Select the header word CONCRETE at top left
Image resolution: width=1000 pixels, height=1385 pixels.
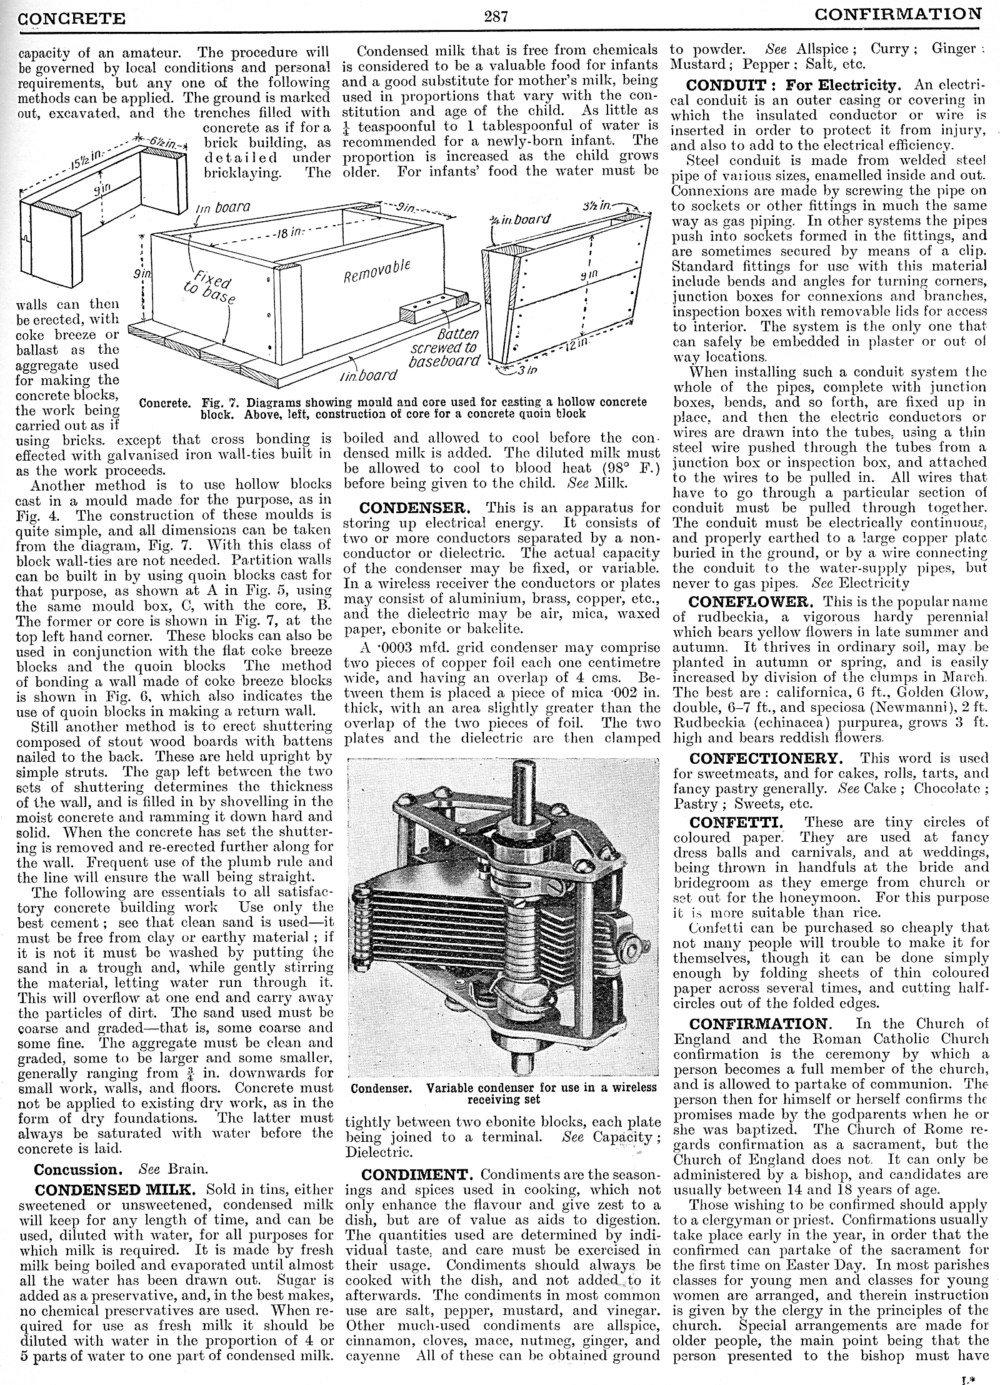(x=72, y=19)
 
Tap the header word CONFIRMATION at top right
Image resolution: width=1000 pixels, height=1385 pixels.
(x=898, y=14)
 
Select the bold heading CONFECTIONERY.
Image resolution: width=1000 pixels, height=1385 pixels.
(x=766, y=758)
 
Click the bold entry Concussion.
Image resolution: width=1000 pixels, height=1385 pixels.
(x=76, y=1169)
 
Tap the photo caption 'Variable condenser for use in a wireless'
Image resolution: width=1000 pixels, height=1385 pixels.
(x=541, y=1087)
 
